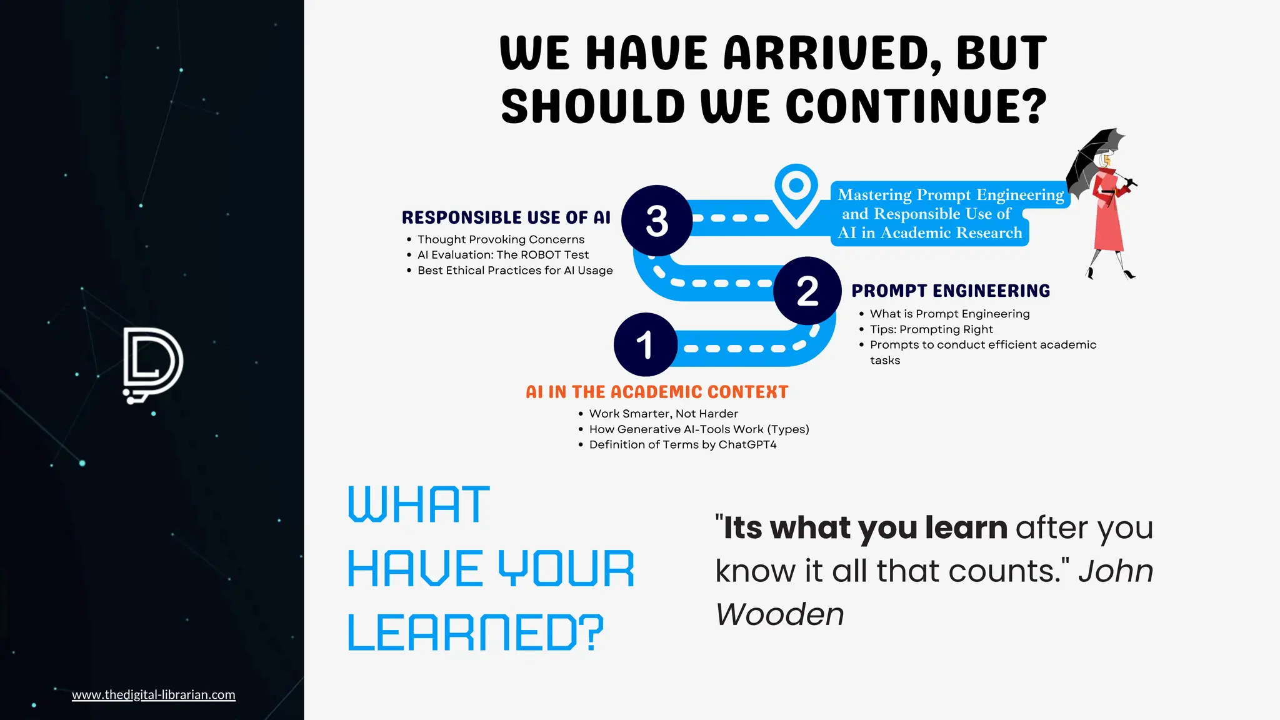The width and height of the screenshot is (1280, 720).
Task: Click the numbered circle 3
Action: pos(657,221)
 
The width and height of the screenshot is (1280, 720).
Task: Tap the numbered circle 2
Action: pos(807,291)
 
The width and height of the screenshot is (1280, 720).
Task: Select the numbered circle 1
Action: pos(645,344)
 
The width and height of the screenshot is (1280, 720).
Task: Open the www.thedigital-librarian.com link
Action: pos(154,694)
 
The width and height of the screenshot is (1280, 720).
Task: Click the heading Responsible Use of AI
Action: pos(506,217)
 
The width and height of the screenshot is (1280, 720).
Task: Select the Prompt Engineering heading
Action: pos(951,291)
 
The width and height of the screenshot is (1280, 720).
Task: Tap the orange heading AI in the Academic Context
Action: pos(657,392)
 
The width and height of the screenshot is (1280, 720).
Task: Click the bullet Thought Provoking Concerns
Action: pos(501,239)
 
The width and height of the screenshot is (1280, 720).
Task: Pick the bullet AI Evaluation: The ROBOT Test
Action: pos(503,255)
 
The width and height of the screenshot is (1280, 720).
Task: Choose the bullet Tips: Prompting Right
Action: pos(931,329)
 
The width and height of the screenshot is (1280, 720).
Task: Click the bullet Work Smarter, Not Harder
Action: pos(663,414)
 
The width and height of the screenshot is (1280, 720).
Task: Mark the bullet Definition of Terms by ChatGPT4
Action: pos(682,444)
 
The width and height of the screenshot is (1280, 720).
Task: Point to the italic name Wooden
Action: pos(780,614)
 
